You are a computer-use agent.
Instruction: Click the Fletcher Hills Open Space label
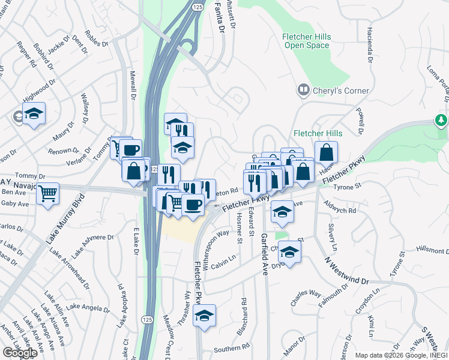point(306,41)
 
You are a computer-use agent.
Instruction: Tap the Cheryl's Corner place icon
point(303,91)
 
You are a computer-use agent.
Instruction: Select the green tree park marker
point(441,120)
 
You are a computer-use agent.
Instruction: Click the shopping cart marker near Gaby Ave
point(47,194)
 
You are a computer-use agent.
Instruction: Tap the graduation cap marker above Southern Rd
point(205,316)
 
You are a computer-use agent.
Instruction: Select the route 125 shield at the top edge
point(198,5)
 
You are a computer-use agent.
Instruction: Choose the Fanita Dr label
point(220,16)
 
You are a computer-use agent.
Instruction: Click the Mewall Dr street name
point(132,85)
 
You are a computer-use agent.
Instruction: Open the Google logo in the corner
point(20,352)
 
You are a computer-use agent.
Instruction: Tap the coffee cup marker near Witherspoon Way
point(193,205)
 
